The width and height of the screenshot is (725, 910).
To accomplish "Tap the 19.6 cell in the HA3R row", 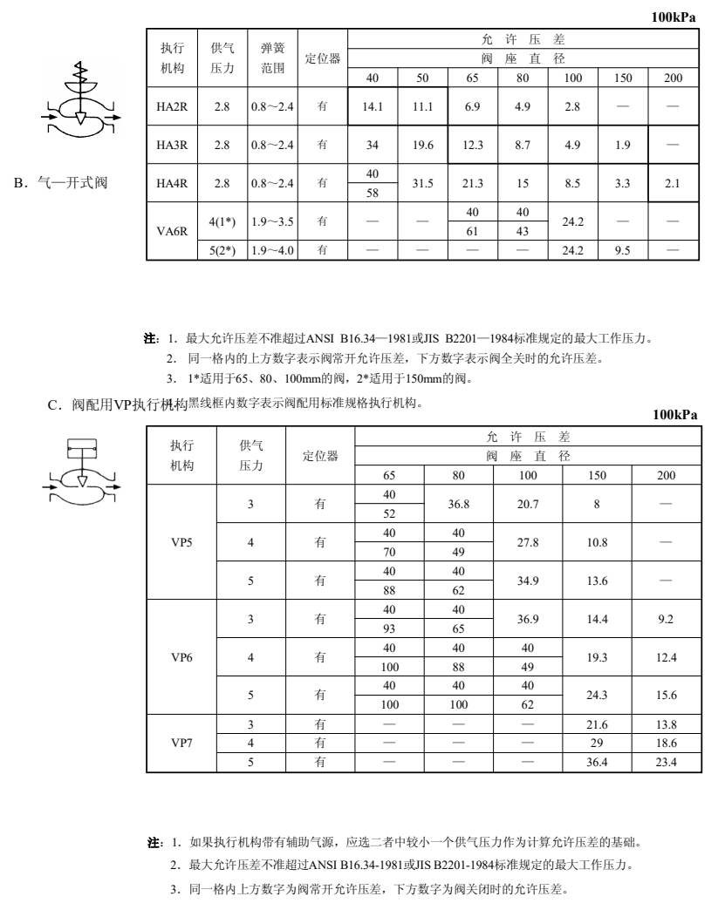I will coord(422,146).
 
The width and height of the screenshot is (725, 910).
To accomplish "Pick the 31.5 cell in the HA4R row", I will coord(422,183).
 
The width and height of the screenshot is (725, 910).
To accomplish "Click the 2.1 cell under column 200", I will coord(672,183).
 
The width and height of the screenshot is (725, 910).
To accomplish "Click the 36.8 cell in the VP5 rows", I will coord(459,504).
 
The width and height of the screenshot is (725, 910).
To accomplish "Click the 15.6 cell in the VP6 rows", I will coord(667,696).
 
